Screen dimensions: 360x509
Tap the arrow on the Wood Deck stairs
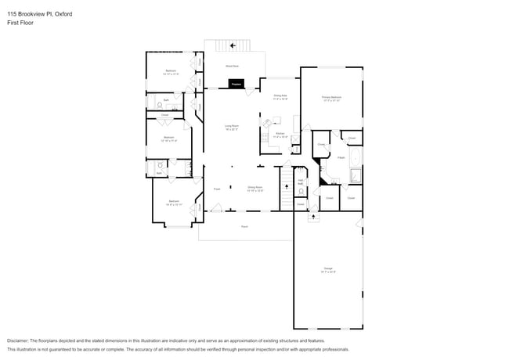(x=233, y=45)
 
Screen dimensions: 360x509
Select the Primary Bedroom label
(x=330, y=99)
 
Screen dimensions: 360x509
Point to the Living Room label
(x=232, y=127)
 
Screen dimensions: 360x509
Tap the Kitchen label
(x=280, y=135)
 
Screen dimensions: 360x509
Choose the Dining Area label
(x=280, y=97)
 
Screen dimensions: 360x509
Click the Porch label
(x=244, y=226)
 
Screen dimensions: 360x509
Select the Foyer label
(x=217, y=189)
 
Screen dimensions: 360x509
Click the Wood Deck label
(x=233, y=67)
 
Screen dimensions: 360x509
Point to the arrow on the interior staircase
(x=287, y=188)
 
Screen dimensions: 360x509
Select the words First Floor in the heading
(x=20, y=23)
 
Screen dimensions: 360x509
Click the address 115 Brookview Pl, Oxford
(x=40, y=13)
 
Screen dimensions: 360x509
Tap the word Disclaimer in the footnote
(x=18, y=341)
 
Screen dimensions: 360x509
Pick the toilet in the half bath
(x=300, y=193)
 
